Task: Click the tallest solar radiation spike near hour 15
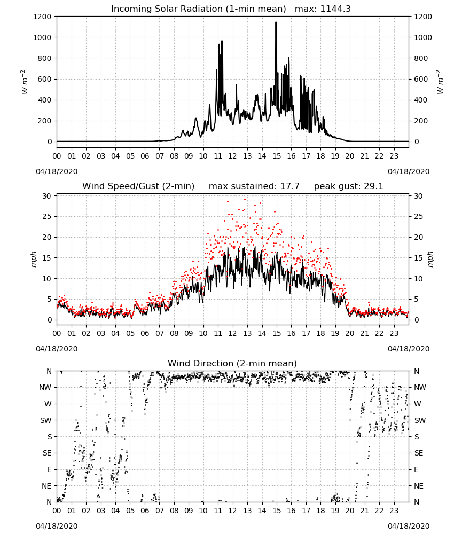tap(276, 23)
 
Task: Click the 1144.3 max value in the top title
tap(335, 9)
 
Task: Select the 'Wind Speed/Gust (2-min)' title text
tap(138, 186)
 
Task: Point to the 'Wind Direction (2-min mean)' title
tap(232, 363)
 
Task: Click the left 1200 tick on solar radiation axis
tap(42, 17)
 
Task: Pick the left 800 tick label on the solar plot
tap(45, 58)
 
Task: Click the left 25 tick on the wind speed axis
tap(47, 217)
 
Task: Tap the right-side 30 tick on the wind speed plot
tap(418, 196)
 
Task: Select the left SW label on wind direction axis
tap(45, 420)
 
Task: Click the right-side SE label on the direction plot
tap(419, 453)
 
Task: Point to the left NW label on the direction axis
tap(45, 387)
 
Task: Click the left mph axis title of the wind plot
tap(33, 259)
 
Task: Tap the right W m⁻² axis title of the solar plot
tap(440, 82)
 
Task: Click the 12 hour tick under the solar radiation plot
tap(232, 156)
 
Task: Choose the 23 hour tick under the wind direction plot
tap(394, 511)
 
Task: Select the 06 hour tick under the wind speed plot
tap(145, 333)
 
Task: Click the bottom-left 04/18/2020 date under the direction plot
tap(57, 526)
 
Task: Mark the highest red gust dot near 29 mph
tap(245, 199)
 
